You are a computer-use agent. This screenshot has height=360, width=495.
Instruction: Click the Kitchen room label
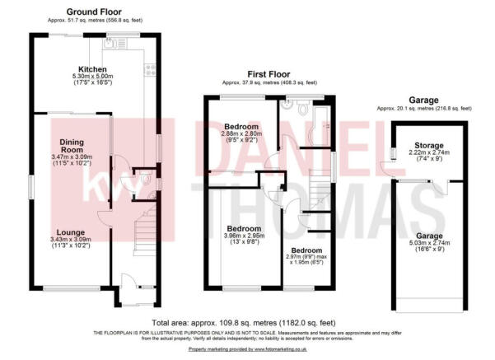[x=92, y=69]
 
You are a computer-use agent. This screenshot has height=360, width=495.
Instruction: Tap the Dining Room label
[x=72, y=146]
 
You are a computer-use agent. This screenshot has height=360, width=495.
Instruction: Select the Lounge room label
[x=71, y=232]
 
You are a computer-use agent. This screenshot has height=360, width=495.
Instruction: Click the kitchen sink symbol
[x=114, y=44]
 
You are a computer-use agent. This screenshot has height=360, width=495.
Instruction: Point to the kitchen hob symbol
[x=150, y=70]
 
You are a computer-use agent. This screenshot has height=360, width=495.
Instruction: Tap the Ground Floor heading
[x=94, y=12]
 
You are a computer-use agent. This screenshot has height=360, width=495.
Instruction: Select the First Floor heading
[x=269, y=74]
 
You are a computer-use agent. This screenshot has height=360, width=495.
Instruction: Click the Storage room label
[x=429, y=146]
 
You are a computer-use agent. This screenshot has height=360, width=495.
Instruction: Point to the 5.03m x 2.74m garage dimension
[x=429, y=243]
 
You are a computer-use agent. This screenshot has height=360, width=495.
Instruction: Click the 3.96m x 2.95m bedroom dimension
[x=244, y=236]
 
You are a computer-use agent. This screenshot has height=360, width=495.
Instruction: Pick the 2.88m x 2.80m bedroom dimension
[x=241, y=133]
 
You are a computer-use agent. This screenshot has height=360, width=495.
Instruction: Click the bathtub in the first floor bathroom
[x=321, y=125]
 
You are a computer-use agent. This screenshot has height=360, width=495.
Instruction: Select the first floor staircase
[x=320, y=189]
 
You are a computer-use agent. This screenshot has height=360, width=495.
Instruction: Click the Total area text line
[x=244, y=323]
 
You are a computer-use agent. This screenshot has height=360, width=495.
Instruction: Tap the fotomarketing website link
[x=248, y=349]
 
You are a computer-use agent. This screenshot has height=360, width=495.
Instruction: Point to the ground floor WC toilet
[x=146, y=179]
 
